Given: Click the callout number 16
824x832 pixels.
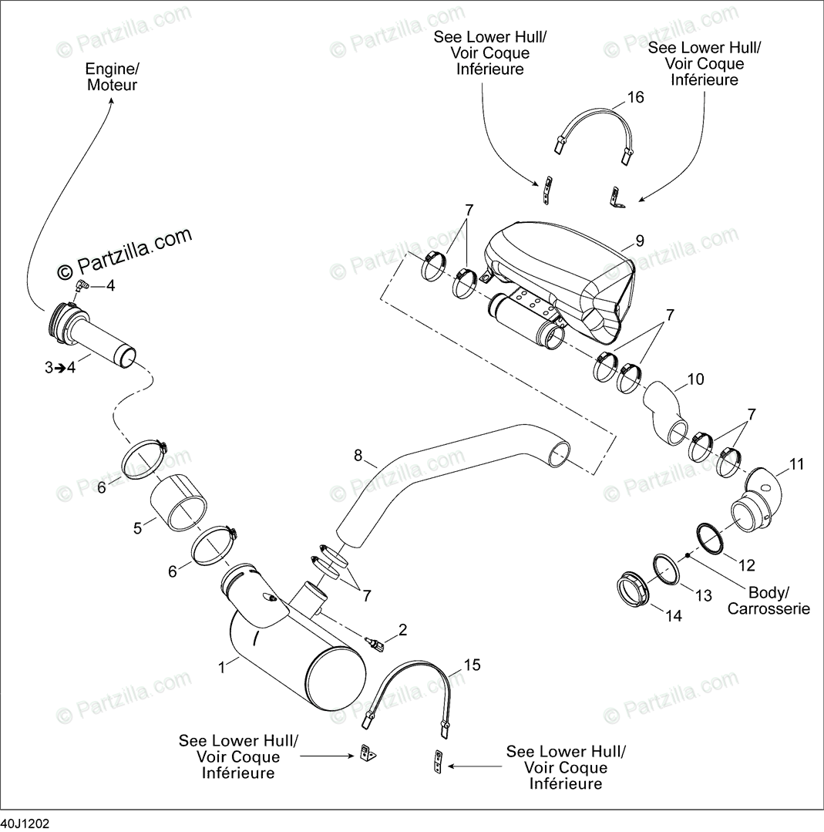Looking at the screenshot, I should pos(635,98).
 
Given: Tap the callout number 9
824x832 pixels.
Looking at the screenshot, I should pos(640,241).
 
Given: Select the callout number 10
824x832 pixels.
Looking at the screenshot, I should pos(695,379).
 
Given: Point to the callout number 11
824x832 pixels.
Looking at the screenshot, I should pos(796,464).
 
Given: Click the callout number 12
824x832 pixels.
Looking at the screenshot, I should pos(746,565).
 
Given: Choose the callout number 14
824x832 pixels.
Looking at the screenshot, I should pos(674,615).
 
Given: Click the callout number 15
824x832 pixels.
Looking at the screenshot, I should pos(472,665).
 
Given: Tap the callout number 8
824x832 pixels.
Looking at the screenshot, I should pos(358,456).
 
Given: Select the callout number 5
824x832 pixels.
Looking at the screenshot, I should pos(138,529).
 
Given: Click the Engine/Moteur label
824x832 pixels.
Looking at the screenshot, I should pos(112,76).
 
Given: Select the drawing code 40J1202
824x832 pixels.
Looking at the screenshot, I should pos(25,824).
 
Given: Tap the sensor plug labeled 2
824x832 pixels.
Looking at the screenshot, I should pos(375,644).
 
